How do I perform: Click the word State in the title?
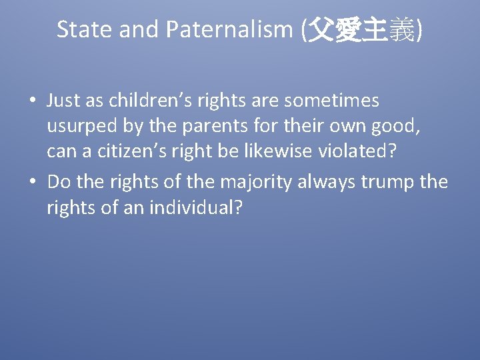point(79,29)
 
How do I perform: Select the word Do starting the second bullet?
point(58,181)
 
